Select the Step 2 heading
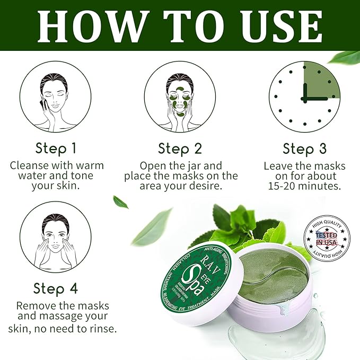[181, 148]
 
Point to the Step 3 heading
[305, 148]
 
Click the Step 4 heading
[56, 288]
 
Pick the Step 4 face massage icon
[56, 238]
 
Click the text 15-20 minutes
[304, 187]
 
